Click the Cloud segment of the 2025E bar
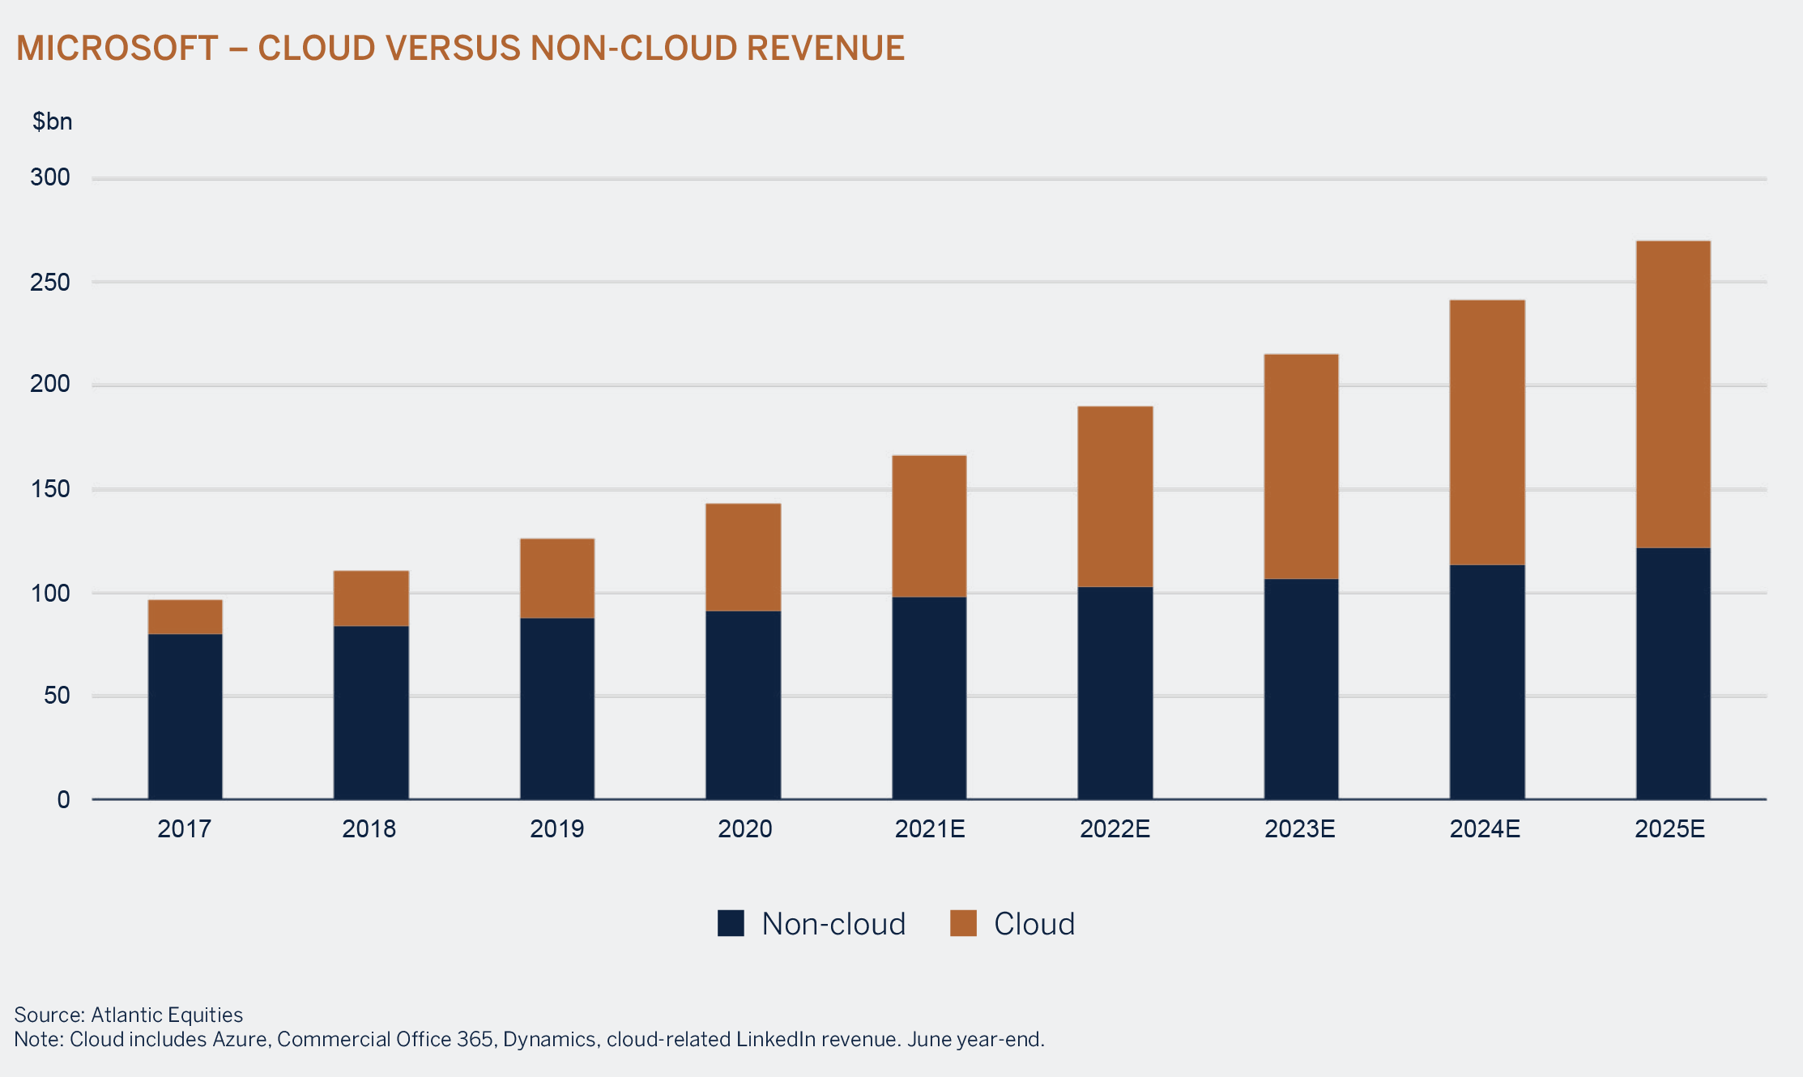[1673, 394]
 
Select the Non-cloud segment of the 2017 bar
[185, 717]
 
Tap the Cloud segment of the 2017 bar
[185, 617]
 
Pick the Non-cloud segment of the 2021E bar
[929, 698]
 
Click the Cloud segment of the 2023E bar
[1301, 466]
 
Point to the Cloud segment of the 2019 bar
[557, 578]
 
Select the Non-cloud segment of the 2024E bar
[1487, 682]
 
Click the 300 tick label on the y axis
[50, 177]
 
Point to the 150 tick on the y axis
[50, 489]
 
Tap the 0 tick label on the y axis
[63, 800]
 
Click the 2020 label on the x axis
[744, 829]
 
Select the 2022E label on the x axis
[1115, 829]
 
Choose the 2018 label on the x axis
[369, 829]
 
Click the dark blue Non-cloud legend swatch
[731, 923]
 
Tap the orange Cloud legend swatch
[963, 923]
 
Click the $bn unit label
[52, 121]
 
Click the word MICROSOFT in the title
[117, 49]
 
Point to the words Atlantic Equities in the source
[167, 1015]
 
